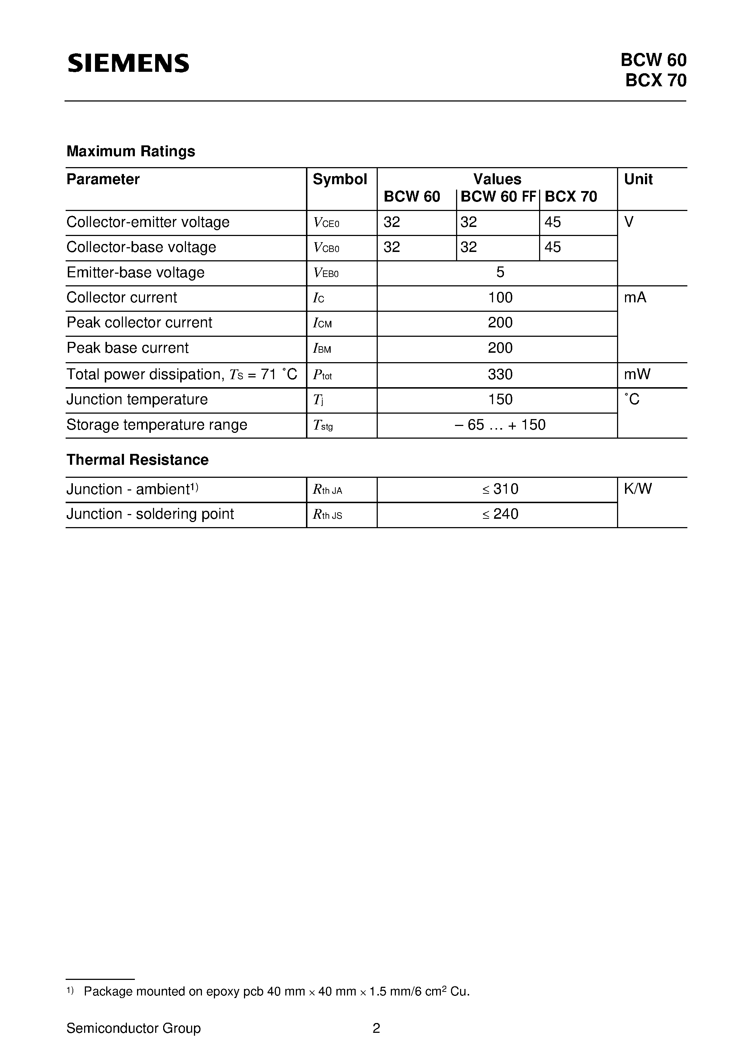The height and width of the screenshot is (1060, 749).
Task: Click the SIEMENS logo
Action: [x=128, y=63]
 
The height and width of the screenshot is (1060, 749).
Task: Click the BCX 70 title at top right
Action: [x=656, y=81]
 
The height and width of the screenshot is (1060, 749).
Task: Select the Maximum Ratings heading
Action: [x=131, y=152]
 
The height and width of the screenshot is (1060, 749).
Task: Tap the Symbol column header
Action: [x=340, y=179]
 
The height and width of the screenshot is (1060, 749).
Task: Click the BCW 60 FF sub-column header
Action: [x=498, y=197]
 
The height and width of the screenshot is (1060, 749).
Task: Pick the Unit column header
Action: [x=638, y=179]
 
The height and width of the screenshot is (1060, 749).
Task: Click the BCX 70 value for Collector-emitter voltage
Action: [x=553, y=223]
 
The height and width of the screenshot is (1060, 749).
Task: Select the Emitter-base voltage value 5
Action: [x=500, y=272]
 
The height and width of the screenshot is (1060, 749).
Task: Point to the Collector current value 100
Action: [x=500, y=298]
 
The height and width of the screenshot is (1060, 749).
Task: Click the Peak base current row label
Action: [x=128, y=348]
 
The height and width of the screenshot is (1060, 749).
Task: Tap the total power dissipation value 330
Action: [x=500, y=374]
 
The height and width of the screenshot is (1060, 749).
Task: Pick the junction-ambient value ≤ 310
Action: [x=500, y=489]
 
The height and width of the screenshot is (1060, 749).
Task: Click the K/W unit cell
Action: [x=638, y=489]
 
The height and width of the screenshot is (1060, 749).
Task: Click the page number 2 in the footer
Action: [x=376, y=1028]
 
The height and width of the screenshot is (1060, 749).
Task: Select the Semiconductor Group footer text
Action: [x=133, y=1028]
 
